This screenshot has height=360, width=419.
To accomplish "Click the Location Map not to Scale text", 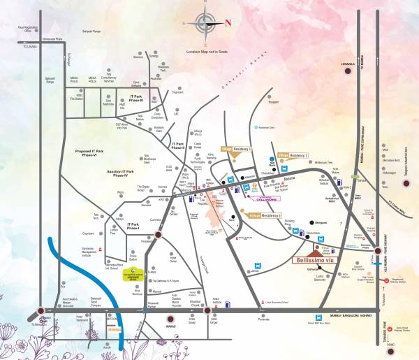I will pyautogui.click(x=207, y=52).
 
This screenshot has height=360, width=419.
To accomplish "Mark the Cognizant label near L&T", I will pyautogui.click(x=177, y=91).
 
